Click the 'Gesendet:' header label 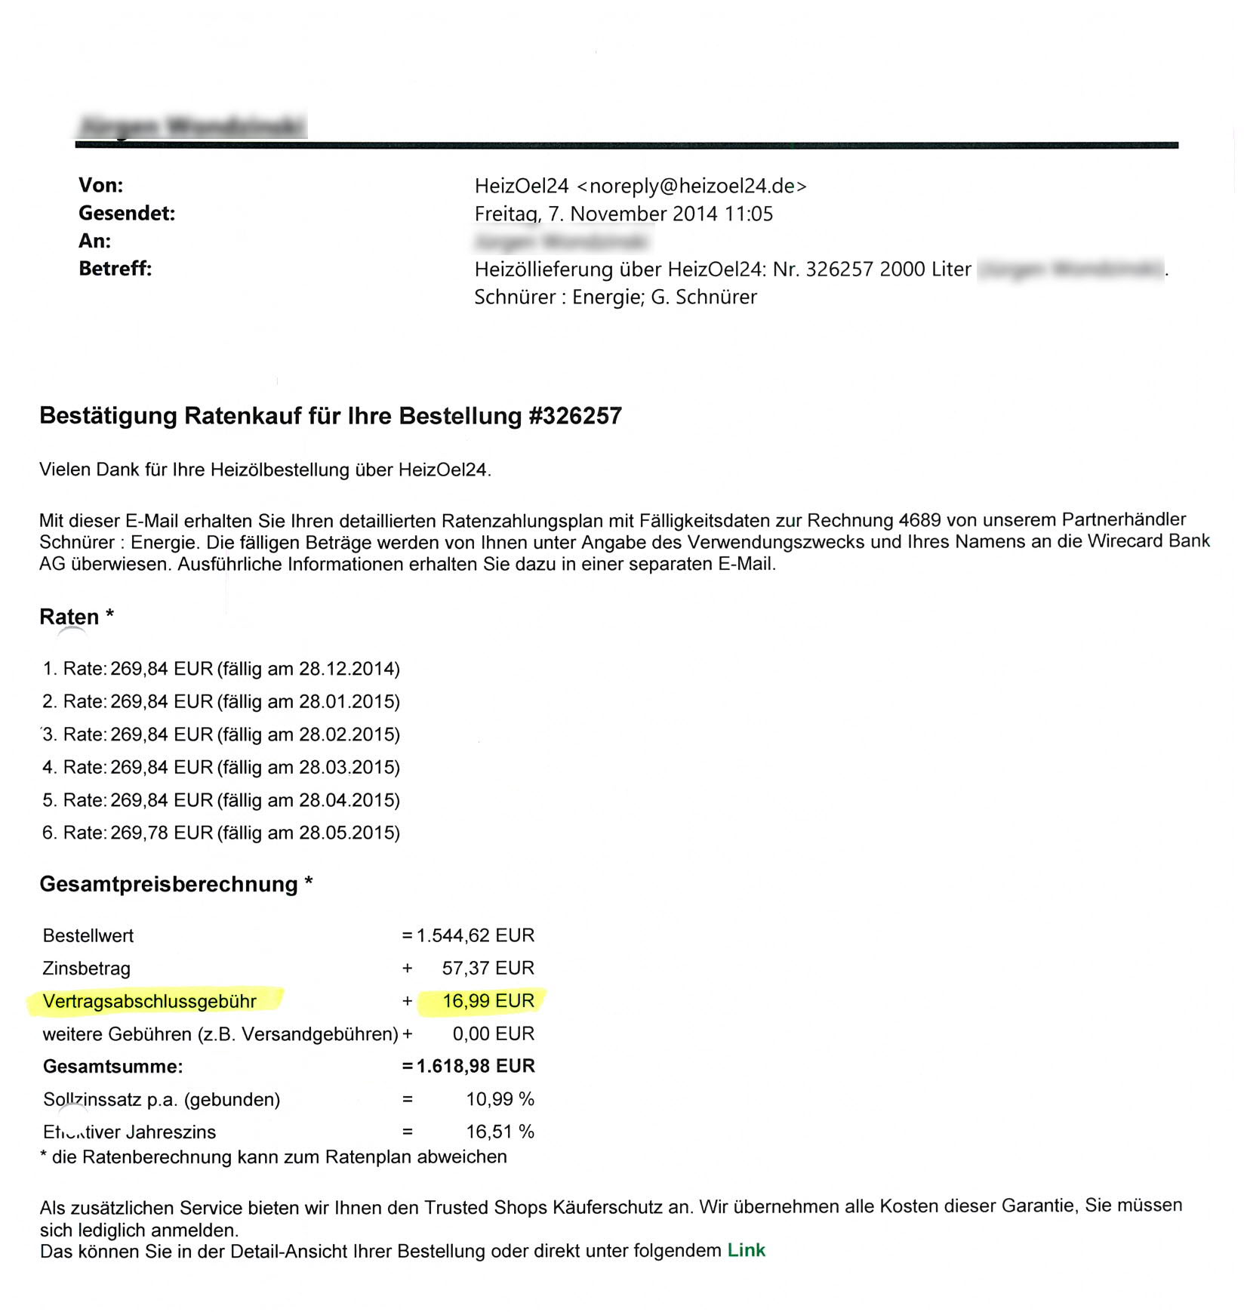point(127,214)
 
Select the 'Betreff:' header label point(115,269)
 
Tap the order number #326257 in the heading point(575,416)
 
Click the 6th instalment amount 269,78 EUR point(162,833)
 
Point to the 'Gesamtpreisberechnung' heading point(168,884)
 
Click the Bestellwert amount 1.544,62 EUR point(476,935)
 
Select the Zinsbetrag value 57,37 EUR point(488,968)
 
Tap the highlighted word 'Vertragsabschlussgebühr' point(149,1001)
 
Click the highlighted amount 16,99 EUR point(488,1001)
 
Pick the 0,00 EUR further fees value point(494,1033)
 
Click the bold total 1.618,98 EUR point(476,1066)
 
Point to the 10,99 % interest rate point(500,1099)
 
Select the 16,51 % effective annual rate point(500,1132)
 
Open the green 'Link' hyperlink point(746,1251)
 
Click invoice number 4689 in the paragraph point(919,520)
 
